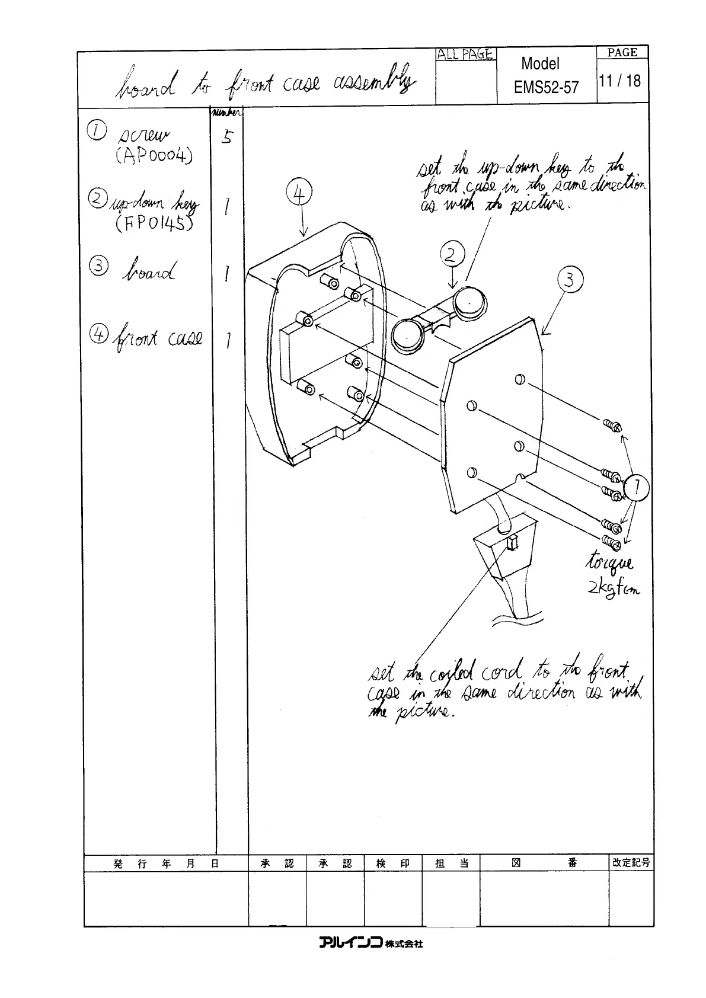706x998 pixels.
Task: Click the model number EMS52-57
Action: [546, 88]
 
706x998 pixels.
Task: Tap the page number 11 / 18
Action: [620, 81]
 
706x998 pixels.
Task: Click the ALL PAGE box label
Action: [465, 55]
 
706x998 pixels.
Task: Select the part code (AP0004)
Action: [154, 156]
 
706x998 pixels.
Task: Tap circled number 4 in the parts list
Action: [98, 335]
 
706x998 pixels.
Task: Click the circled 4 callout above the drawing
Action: [300, 193]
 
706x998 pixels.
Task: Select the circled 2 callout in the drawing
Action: [451, 255]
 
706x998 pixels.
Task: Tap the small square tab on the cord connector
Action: [512, 542]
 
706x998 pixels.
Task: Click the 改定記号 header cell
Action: [631, 863]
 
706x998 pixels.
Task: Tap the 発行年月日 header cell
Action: [166, 863]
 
